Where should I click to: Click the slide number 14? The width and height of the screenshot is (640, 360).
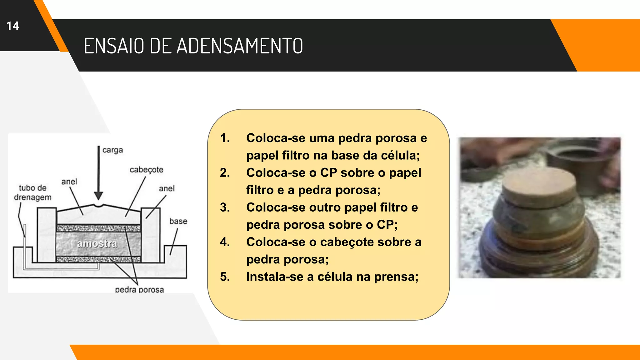13,26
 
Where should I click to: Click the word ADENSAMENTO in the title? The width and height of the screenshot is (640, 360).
240,46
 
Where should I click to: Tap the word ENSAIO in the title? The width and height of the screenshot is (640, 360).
114,46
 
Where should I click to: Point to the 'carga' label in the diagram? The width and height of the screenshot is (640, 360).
112,150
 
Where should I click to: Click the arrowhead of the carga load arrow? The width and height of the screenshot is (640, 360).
98,196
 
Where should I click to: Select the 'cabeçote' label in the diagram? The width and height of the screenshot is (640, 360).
146,170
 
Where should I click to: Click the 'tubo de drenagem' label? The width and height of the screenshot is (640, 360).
32,192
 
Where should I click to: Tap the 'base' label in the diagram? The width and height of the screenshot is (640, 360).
178,221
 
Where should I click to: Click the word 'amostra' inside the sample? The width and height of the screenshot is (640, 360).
97,244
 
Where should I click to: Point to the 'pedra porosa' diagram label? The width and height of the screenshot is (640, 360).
139,290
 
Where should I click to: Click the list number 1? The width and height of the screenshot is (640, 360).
225,138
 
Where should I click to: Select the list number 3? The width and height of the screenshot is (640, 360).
225,207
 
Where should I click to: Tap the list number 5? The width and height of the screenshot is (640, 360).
225,277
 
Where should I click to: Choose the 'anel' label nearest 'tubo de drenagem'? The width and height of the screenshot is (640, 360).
69,182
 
